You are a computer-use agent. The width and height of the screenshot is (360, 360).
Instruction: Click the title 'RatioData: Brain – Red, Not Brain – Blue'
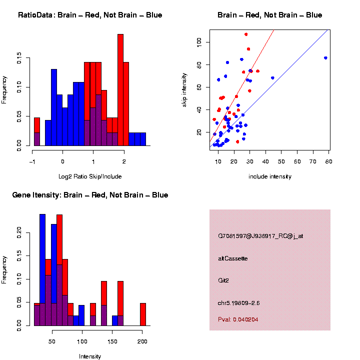90,15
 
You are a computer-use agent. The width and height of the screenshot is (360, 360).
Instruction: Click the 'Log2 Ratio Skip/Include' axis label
90,176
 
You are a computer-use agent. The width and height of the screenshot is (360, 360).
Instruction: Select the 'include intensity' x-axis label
269,176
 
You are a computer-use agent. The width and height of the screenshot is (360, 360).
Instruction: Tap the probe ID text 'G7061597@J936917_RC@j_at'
260,236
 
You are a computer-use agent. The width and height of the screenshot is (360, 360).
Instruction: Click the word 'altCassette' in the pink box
233,258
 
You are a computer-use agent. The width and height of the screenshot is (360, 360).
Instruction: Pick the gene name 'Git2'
223,281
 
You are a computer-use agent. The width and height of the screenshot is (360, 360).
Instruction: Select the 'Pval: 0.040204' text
238,319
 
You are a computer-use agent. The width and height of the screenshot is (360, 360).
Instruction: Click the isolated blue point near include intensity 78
325,58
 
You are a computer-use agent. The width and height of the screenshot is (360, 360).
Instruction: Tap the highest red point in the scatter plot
246,34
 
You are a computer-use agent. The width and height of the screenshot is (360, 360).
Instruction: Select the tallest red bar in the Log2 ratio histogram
120,90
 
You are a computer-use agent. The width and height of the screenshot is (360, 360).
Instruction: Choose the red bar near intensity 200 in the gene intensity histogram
143,314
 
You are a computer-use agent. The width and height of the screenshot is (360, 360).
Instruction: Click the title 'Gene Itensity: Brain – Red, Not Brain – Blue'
90,195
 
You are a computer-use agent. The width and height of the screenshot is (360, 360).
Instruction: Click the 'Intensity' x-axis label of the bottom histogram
90,356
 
